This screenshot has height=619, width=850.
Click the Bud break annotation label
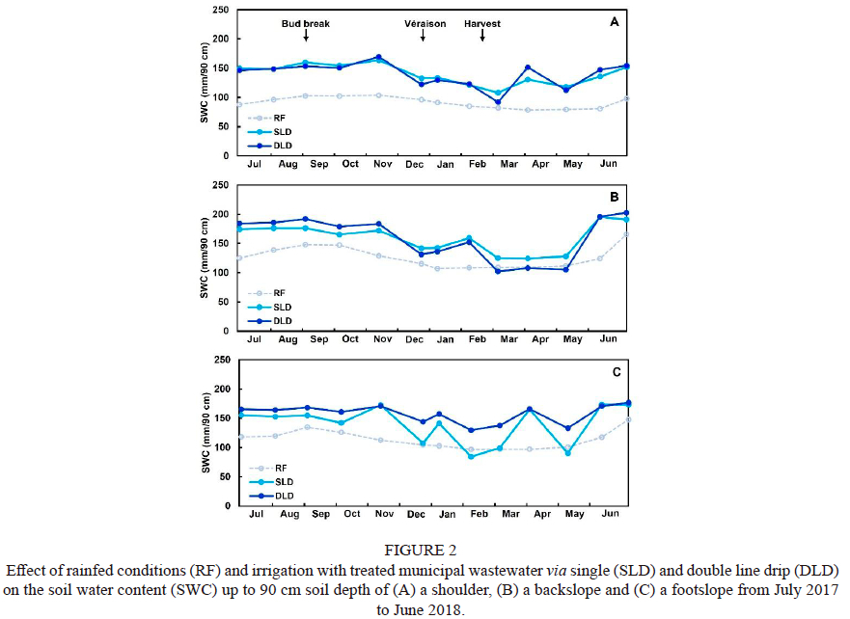coord(306,22)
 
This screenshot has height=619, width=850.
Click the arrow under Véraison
coord(423,36)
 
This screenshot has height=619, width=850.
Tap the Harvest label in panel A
coord(482,22)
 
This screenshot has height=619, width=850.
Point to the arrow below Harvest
coord(482,36)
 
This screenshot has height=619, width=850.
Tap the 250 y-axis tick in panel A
coord(220,11)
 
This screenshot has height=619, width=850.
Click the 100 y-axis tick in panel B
coord(220,273)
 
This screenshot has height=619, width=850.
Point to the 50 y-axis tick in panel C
coord(223,476)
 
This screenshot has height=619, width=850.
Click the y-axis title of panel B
coord(204,257)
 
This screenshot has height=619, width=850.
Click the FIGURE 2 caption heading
coord(424,552)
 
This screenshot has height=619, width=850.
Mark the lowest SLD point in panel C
coord(471,456)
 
